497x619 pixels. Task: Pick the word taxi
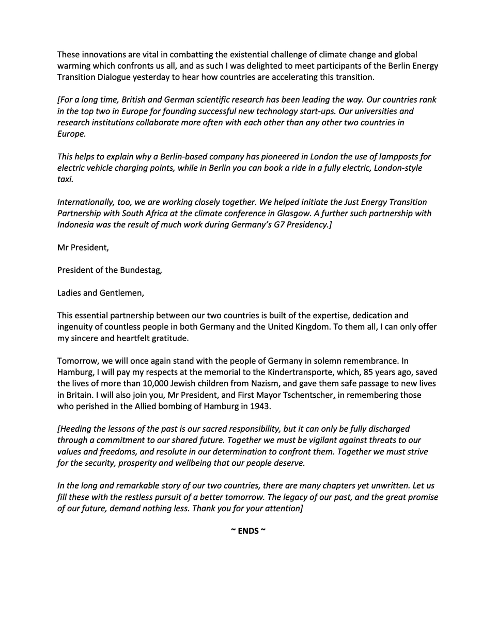(x=66, y=180)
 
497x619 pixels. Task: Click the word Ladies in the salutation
(x=69, y=293)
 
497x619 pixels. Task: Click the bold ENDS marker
(x=248, y=531)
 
